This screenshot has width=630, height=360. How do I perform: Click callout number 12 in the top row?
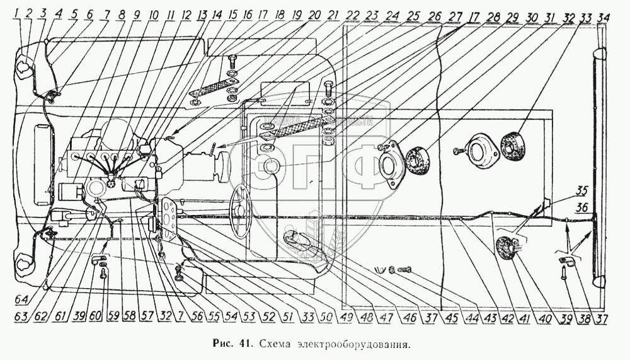(x=186, y=14)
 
